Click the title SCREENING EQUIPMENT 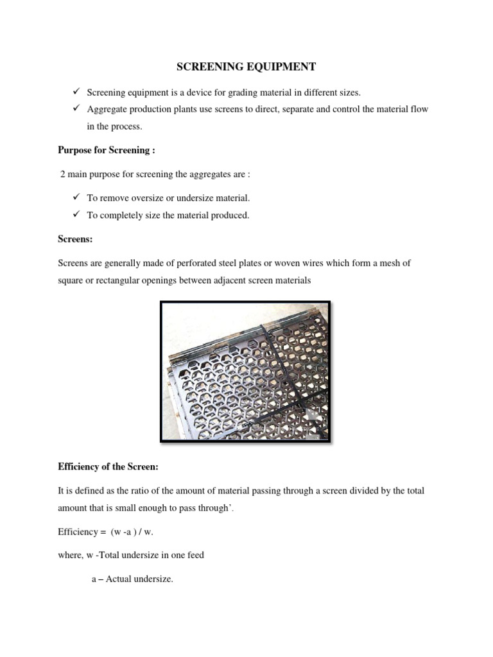point(246,67)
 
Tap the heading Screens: point(76,239)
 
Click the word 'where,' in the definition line point(71,555)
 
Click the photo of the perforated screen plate point(245,371)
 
